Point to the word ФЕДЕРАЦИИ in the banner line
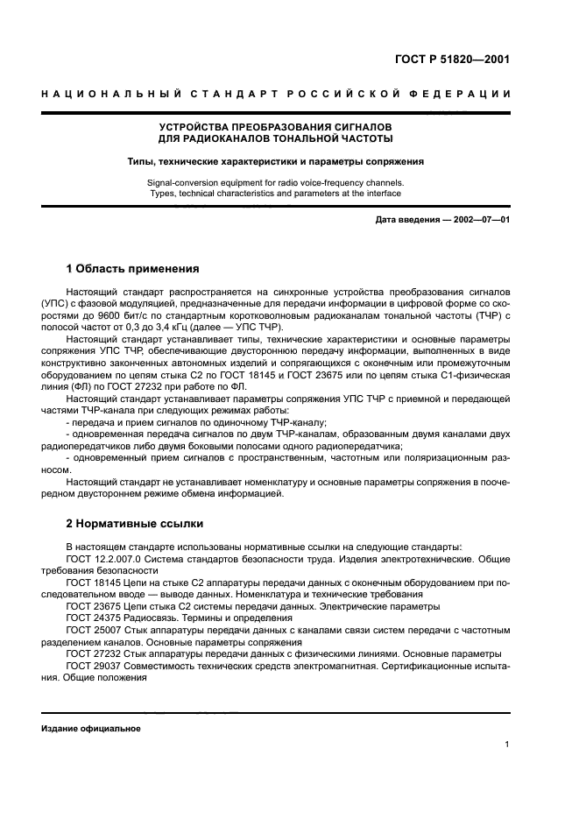click(x=466, y=94)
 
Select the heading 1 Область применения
click(x=133, y=269)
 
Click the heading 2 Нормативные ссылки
click(x=135, y=524)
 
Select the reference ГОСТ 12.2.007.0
click(x=103, y=557)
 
